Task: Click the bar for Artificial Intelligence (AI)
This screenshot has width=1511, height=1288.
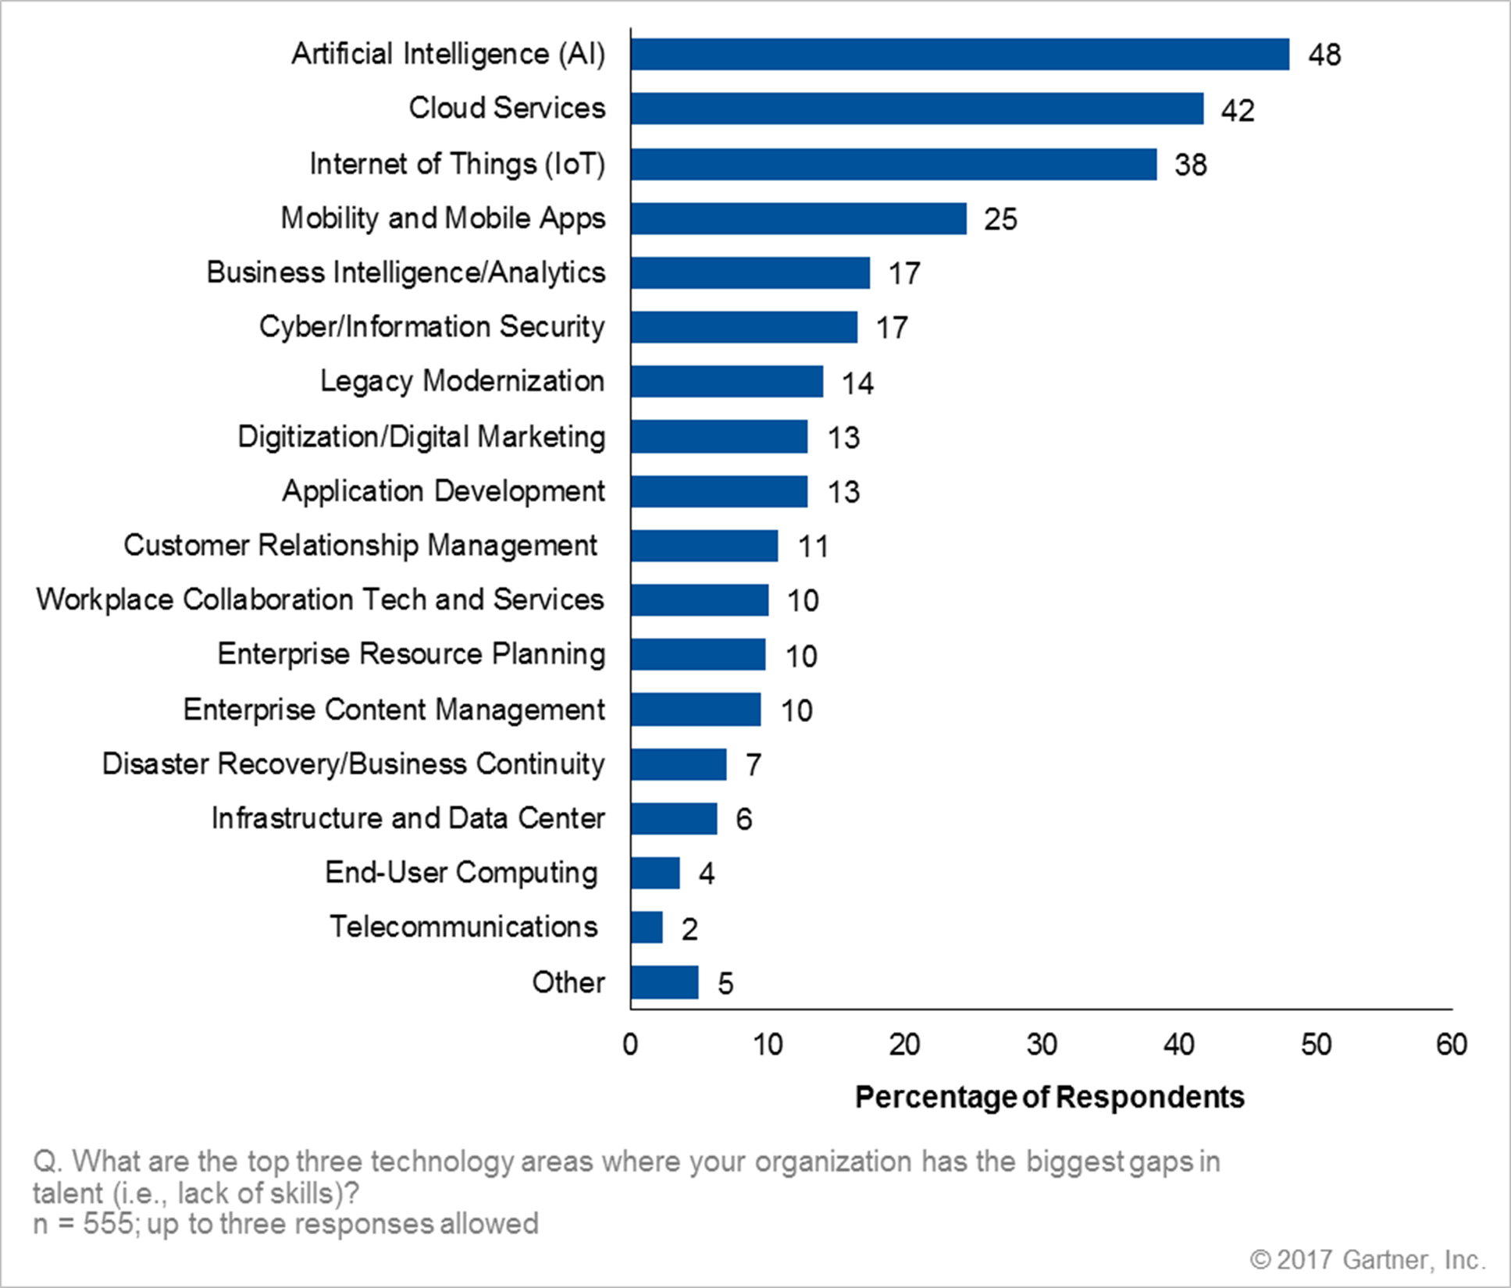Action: click(960, 55)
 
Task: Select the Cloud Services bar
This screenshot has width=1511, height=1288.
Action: click(917, 109)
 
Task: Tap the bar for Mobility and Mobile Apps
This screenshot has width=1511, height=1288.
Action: click(798, 219)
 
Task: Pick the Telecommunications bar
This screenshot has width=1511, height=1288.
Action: click(647, 927)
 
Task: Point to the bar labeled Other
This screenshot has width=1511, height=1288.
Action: click(665, 982)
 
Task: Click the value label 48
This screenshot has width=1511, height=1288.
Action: click(1324, 55)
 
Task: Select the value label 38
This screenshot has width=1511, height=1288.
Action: click(1191, 165)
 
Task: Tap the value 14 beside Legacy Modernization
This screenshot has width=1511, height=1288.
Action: click(857, 383)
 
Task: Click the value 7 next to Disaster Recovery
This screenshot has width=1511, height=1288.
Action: click(753, 765)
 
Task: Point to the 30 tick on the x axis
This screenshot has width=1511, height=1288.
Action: click(1042, 1044)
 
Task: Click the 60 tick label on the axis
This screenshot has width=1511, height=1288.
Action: click(1452, 1044)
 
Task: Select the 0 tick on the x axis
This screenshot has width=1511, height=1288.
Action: click(631, 1044)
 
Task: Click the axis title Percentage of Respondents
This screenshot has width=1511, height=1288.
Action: click(1050, 1098)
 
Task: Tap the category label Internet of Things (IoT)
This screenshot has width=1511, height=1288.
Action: click(457, 164)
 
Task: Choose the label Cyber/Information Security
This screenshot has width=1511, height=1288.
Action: click(432, 327)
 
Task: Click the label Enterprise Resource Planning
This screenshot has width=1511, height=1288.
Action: click(411, 654)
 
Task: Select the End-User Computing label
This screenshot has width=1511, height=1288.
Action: click(461, 873)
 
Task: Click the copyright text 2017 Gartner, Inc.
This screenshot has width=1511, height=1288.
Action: click(1367, 1259)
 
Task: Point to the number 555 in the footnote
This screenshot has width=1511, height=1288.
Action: click(108, 1223)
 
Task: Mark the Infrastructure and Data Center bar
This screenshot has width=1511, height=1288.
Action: click(674, 819)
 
